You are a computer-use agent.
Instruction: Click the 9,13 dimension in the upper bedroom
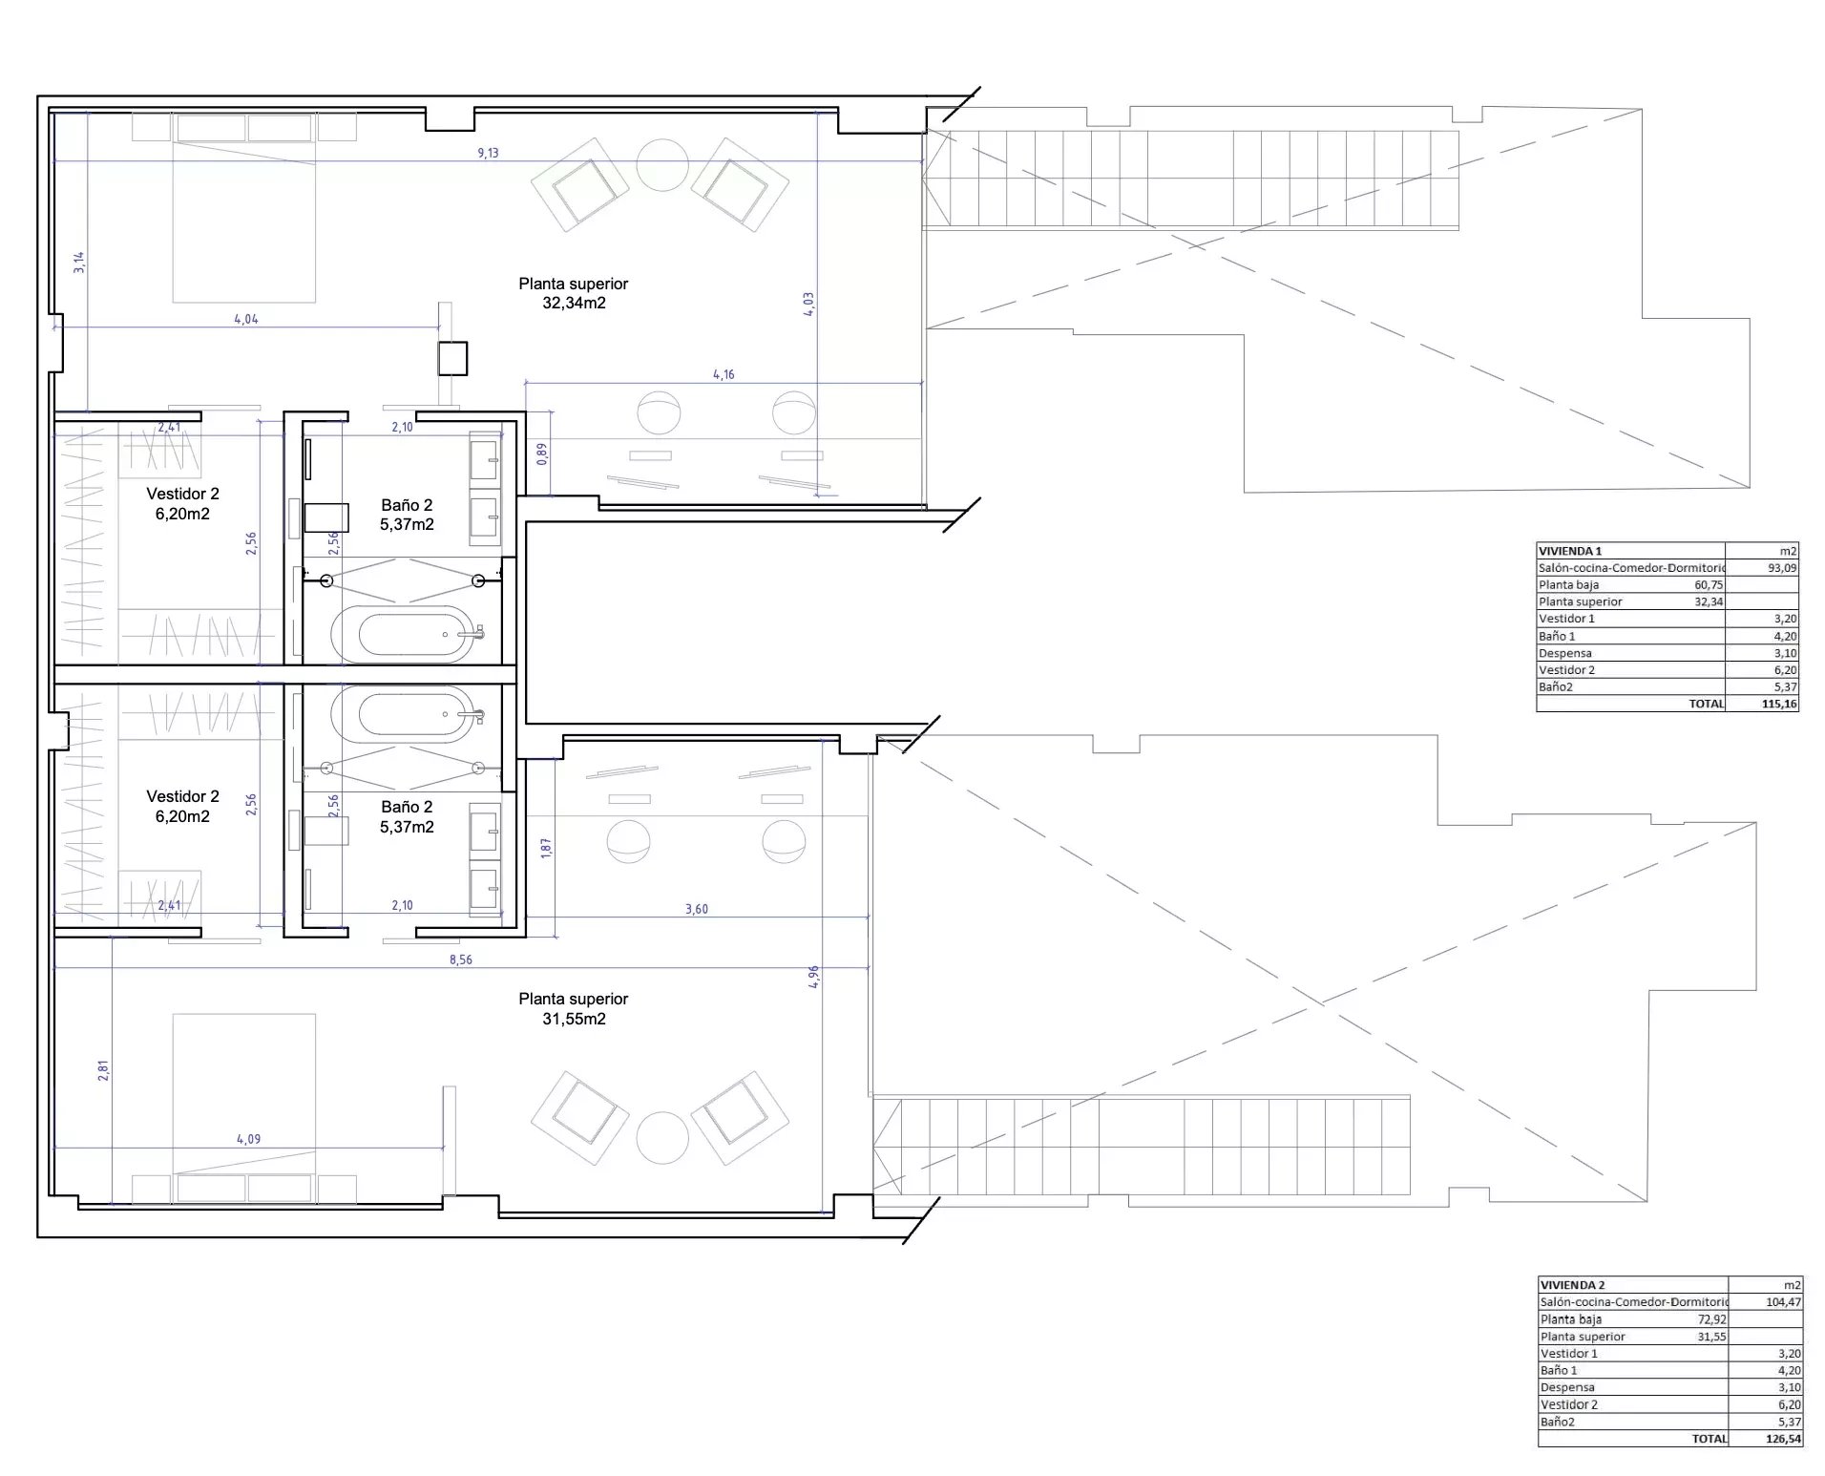coord(488,153)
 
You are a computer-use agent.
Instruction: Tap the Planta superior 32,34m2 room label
coord(574,293)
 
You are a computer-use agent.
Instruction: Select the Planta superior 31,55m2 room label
coord(574,1008)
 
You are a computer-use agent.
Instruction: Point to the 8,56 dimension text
coord(460,959)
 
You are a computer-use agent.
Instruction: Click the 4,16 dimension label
coord(724,375)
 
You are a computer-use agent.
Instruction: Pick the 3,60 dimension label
coord(697,909)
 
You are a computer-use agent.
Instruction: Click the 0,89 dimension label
coord(542,453)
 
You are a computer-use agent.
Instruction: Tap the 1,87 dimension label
coord(546,847)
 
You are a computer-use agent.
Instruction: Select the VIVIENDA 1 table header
coord(1570,551)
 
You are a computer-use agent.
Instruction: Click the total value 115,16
coord(1779,704)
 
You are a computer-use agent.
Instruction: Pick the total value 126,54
coord(1782,1438)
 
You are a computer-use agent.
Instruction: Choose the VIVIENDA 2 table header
coord(1572,1285)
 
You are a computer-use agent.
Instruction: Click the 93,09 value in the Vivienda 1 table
coord(1783,567)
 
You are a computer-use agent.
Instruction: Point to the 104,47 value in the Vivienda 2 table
coord(1783,1301)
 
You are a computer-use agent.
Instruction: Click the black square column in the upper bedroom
coord(453,358)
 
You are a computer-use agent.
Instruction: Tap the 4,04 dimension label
coord(246,320)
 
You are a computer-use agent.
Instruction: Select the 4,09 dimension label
coord(248,1139)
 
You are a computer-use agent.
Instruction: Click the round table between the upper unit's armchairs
coord(662,165)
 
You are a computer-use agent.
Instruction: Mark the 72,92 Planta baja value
coord(1712,1319)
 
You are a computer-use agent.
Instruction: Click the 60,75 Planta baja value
coord(1709,584)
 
